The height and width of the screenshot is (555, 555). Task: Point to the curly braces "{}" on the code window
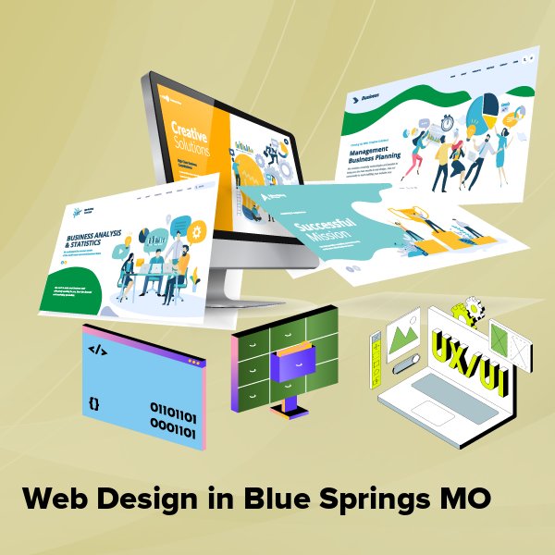pyautogui.click(x=93, y=403)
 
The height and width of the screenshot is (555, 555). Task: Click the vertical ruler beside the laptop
pyautogui.click(x=376, y=352)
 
